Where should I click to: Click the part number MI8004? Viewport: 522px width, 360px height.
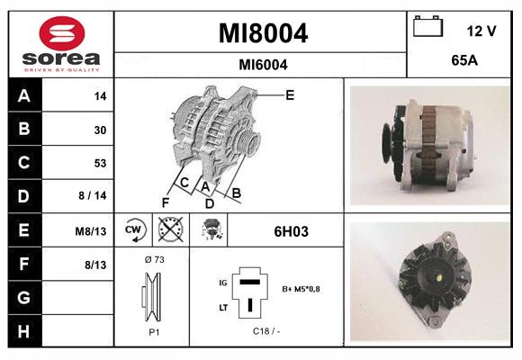[x=263, y=34]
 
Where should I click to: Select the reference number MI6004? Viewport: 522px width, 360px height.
[x=263, y=64]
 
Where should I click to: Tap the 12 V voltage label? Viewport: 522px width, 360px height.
[x=481, y=31]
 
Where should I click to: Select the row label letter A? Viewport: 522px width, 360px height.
[x=23, y=96]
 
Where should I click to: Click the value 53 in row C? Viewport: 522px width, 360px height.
[x=100, y=163]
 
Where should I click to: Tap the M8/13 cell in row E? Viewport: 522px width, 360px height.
[x=92, y=231]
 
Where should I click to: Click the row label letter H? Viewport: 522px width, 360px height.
[x=23, y=330]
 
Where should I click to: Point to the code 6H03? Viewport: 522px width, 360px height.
[x=292, y=231]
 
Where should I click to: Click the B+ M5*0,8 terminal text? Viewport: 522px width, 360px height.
[x=302, y=290]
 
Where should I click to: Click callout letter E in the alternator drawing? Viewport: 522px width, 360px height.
[x=290, y=94]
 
